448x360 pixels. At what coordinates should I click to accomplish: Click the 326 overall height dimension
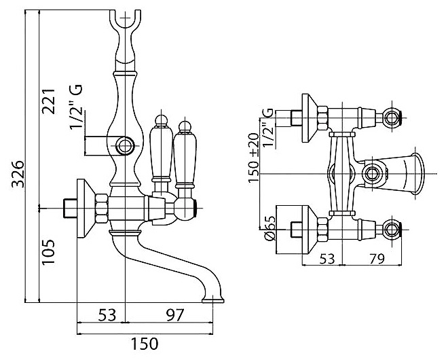pos(18,174)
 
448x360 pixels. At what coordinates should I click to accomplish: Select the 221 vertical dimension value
pos(48,101)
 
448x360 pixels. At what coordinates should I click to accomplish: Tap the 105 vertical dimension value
pos(48,252)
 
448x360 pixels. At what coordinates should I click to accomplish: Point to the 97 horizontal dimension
pos(174,315)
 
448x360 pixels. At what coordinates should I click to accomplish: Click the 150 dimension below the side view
pos(145,344)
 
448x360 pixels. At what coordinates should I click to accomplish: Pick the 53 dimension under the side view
pos(107,315)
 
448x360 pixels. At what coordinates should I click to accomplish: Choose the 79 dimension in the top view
pos(375,259)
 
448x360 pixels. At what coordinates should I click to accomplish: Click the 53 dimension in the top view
pos(327,259)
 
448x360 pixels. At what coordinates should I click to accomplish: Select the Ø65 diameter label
pos(270,228)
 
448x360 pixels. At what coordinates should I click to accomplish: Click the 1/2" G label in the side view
pos(77,107)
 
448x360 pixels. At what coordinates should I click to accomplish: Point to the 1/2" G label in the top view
pos(269,128)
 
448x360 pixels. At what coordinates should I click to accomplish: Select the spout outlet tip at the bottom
pos(213,300)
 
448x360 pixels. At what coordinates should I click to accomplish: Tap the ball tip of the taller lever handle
pos(161,120)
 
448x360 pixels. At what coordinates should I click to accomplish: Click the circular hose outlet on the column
pos(125,146)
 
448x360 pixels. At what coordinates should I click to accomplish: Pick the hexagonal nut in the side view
pos(102,209)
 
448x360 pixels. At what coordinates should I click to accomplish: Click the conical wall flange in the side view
pos(86,209)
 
